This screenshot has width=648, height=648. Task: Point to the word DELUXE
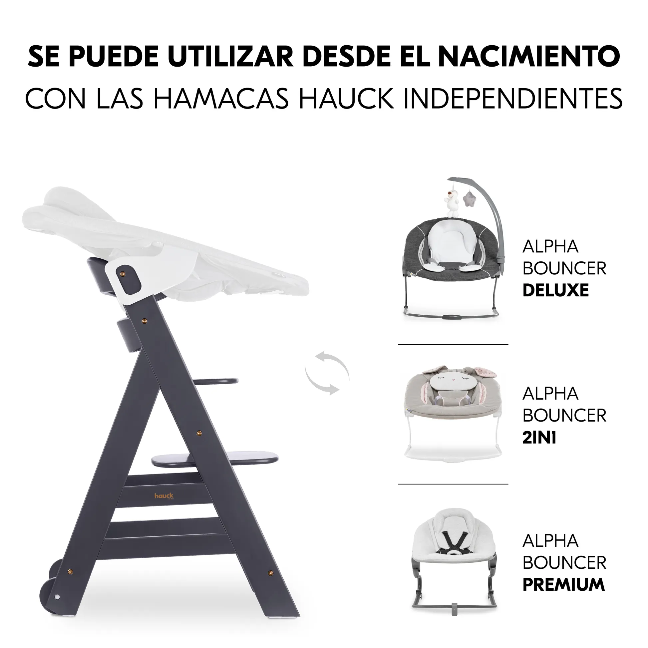(556, 290)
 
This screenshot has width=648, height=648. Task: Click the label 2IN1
(539, 437)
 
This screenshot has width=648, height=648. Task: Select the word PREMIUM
(563, 585)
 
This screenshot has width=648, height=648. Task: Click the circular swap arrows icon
(327, 373)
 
